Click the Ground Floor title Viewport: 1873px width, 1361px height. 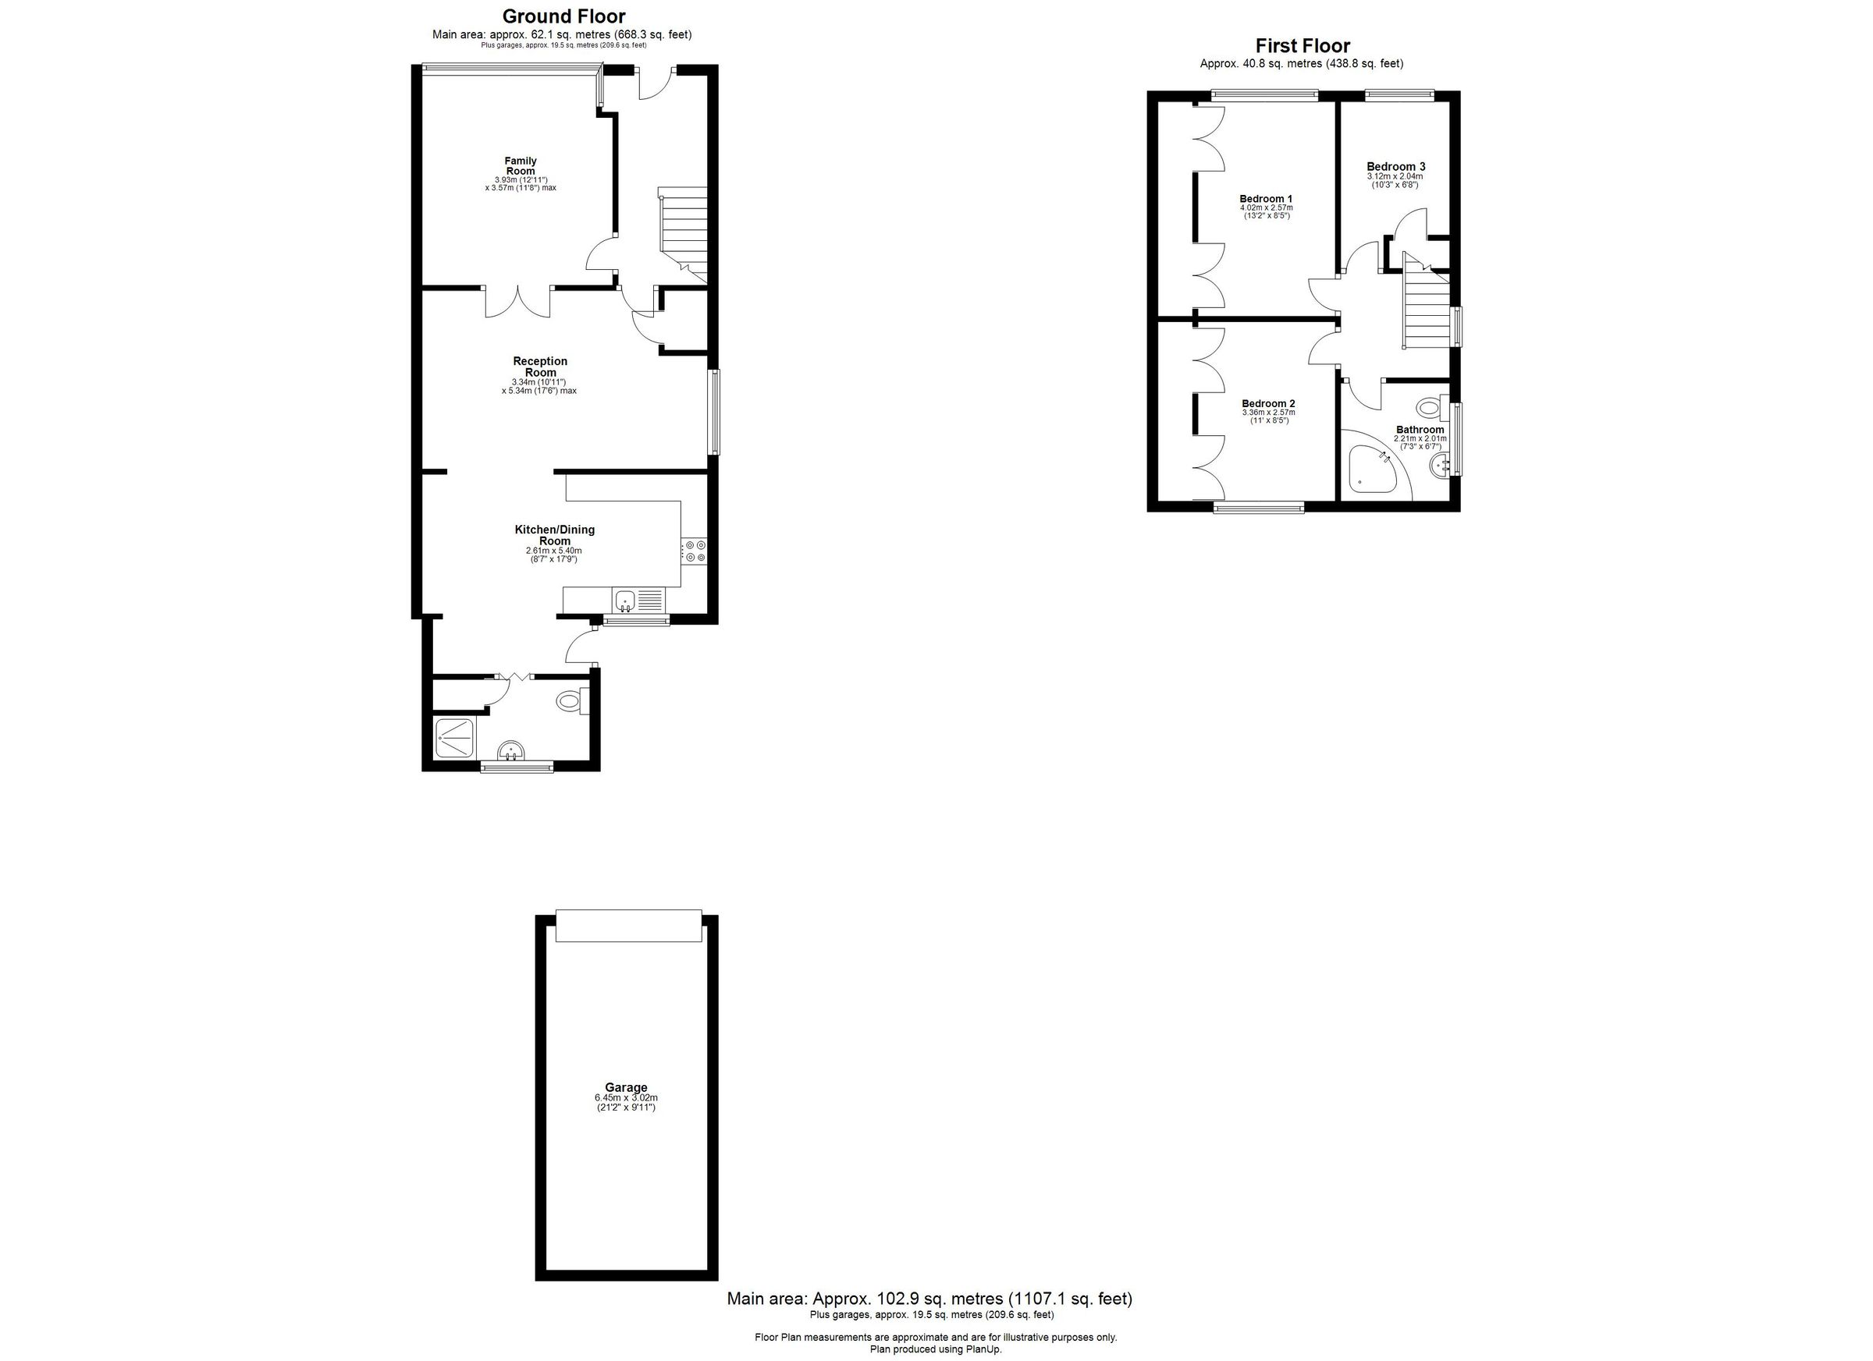(563, 16)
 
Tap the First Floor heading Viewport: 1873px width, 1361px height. (1303, 45)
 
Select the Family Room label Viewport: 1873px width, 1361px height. (521, 166)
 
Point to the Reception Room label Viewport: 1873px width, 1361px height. (540, 367)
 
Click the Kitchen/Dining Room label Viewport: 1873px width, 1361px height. (554, 535)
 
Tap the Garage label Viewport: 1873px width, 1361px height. (625, 1087)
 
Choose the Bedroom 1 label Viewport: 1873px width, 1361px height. (1266, 198)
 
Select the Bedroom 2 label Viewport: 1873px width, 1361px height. (1267, 403)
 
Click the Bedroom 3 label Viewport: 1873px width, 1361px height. (1395, 166)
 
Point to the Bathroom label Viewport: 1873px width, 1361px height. (1420, 429)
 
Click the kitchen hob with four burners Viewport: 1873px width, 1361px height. (694, 551)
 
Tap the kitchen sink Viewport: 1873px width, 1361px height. (624, 599)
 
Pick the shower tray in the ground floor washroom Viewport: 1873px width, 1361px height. (455, 739)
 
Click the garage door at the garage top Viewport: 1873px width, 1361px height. (628, 925)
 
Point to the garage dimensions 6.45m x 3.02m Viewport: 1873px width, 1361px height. (625, 1097)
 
